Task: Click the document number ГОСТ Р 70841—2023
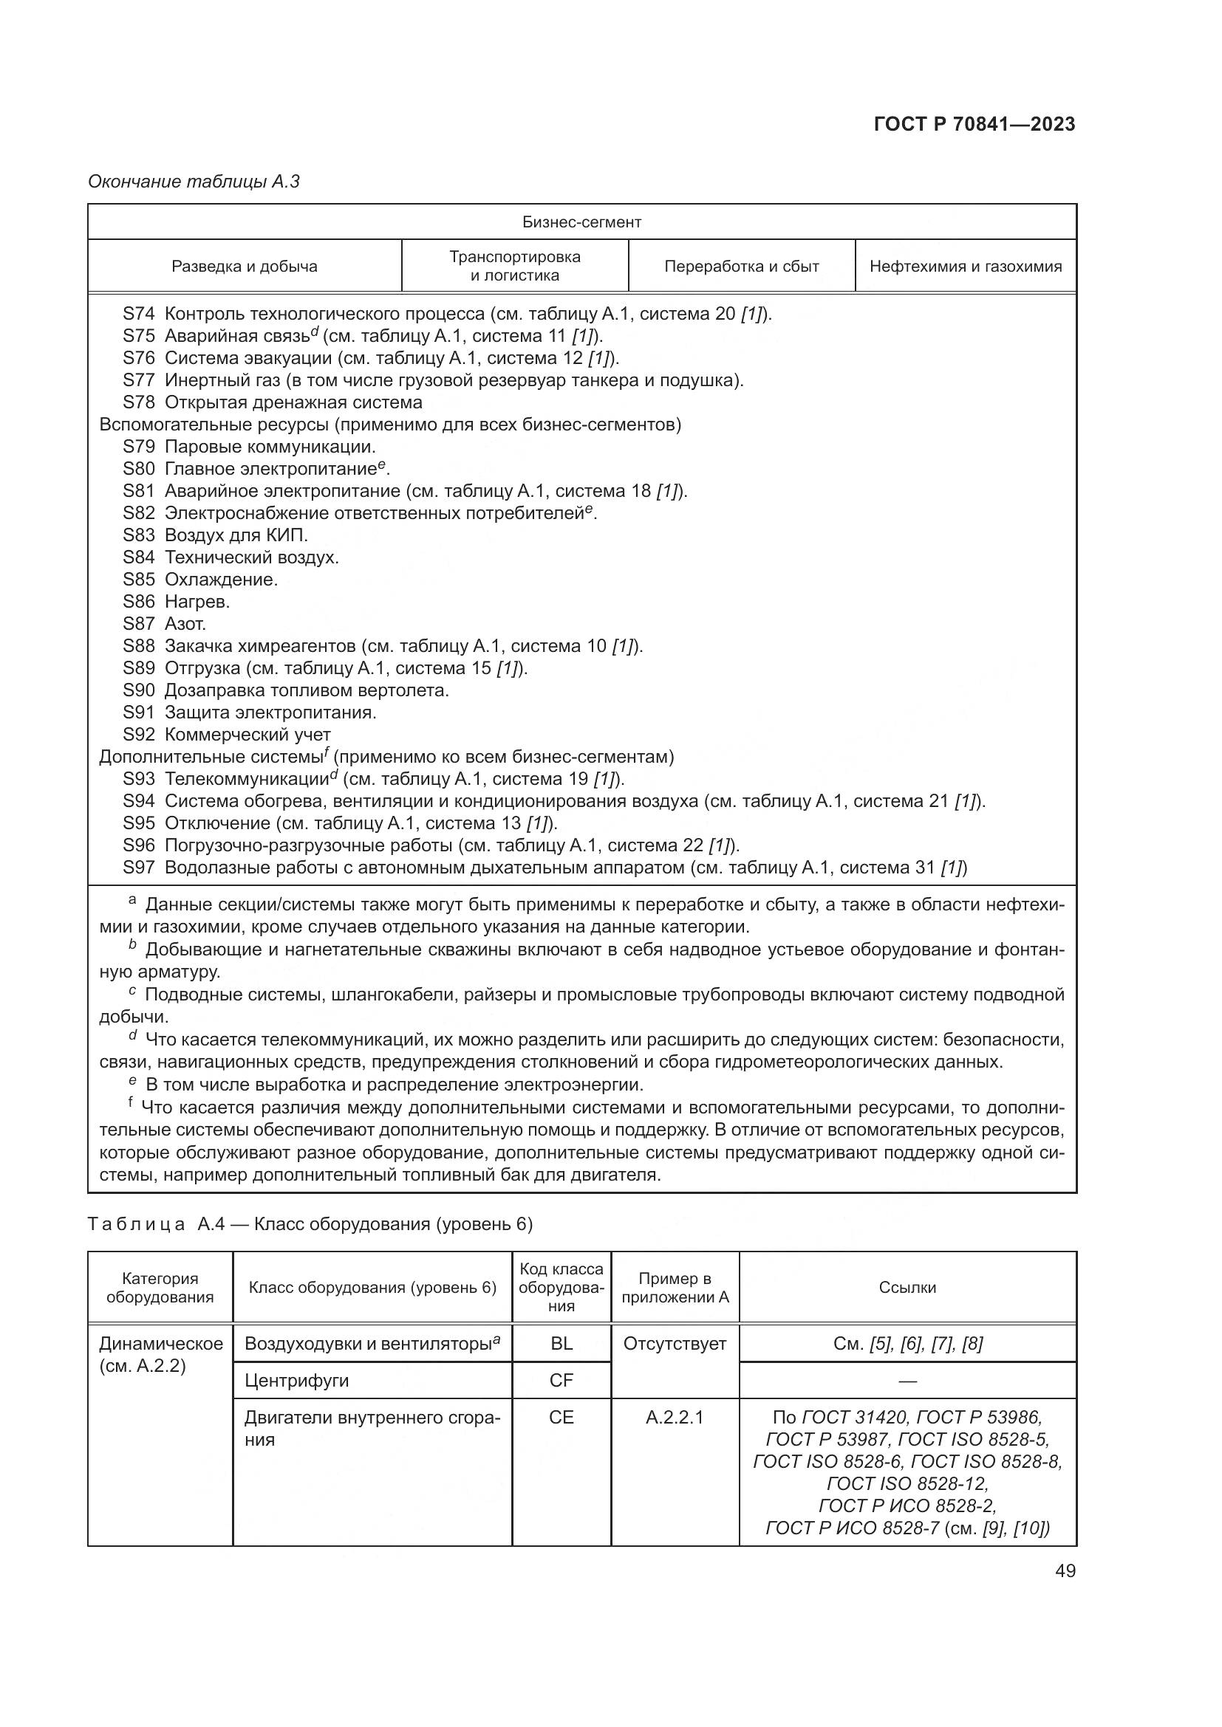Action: [x=974, y=124]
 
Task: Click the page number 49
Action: [x=1065, y=1570]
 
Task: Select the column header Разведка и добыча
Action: [x=245, y=267]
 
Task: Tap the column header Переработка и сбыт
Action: [x=741, y=267]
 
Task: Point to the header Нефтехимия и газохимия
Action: [x=966, y=267]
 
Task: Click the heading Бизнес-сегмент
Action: [x=581, y=222]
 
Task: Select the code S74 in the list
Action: [x=138, y=314]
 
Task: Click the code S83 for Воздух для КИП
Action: [x=138, y=535]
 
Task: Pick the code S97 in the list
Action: [x=138, y=868]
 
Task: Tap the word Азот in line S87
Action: [x=185, y=624]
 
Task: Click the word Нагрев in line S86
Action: [x=197, y=602]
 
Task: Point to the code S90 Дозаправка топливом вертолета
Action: [x=138, y=690]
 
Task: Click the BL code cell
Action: [x=561, y=1343]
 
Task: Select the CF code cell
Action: [x=561, y=1380]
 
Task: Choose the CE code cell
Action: [x=561, y=1417]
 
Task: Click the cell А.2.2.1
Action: [x=675, y=1417]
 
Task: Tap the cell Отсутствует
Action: [x=675, y=1343]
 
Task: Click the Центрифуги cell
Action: [x=296, y=1380]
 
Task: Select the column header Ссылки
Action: [x=907, y=1287]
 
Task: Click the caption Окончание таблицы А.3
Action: [x=194, y=182]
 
